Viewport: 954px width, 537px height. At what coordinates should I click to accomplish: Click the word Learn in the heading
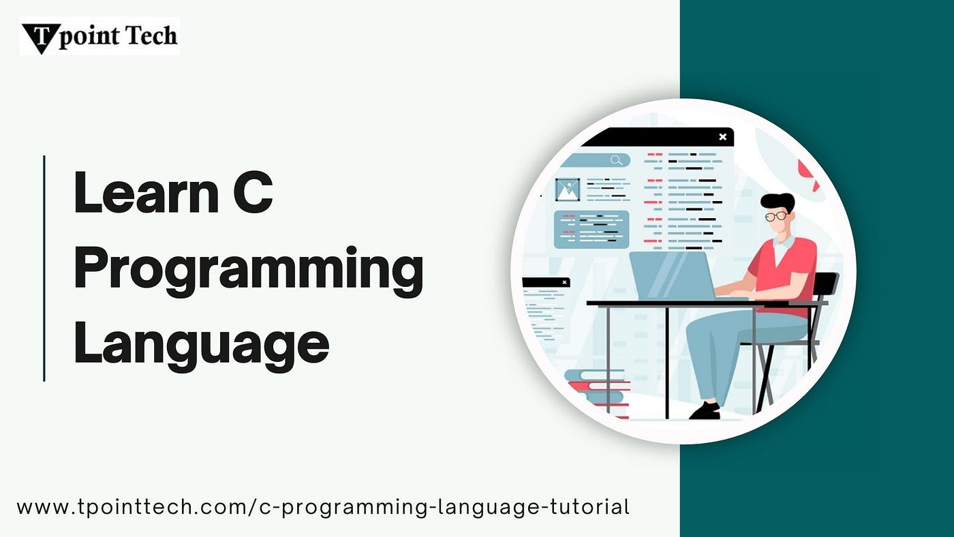pos(147,192)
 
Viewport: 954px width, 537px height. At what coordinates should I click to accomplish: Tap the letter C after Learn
pos(253,192)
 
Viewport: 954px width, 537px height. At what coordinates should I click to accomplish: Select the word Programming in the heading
pos(249,271)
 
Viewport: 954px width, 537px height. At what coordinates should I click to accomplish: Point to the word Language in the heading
pos(202,343)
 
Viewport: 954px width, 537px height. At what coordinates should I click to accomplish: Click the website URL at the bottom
pos(323,507)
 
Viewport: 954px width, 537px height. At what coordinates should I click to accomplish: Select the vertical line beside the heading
pos(44,268)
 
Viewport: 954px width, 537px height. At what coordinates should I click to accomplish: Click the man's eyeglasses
pos(776,216)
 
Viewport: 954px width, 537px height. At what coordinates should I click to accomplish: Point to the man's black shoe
pos(705,410)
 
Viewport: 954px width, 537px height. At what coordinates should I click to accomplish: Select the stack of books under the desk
pos(597,393)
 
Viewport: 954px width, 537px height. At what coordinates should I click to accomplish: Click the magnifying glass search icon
pos(616,160)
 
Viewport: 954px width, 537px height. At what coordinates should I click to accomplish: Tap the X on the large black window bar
pos(723,137)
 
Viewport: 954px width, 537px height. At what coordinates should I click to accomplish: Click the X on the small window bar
pos(564,282)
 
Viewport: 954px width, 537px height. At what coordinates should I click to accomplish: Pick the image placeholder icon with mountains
pos(568,190)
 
